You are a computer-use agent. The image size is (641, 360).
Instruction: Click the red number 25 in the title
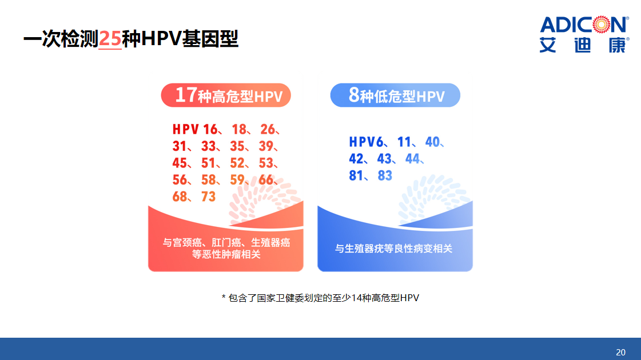point(110,39)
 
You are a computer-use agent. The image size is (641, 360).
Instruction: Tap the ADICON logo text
point(584,25)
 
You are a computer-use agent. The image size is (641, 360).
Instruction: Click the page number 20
point(620,352)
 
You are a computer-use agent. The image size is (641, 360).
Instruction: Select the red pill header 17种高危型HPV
point(226,95)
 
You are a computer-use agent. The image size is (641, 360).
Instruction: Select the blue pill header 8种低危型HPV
point(395,95)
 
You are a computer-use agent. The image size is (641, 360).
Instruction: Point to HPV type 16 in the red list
point(210,130)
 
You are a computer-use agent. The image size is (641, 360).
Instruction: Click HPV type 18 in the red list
point(239,130)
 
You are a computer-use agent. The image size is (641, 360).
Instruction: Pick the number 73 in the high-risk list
point(208,197)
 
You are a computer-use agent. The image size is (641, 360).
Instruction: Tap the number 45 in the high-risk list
point(180,163)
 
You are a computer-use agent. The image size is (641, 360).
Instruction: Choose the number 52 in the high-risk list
point(237,163)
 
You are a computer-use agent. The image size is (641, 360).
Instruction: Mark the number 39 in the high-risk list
point(266,146)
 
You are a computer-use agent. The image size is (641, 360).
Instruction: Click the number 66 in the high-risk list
point(266,180)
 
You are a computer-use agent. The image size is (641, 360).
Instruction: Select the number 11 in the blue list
point(404,142)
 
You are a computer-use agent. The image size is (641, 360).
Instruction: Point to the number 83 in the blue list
point(385,175)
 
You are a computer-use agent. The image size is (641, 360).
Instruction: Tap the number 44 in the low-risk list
point(412,159)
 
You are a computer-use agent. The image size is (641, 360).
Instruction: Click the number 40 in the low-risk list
point(432,142)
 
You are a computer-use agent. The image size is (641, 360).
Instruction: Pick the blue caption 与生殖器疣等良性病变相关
point(393,249)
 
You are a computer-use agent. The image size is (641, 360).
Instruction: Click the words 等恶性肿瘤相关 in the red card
point(226,254)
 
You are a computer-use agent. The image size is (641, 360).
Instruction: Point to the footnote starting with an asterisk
point(320,298)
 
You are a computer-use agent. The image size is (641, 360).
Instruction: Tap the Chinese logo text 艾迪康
point(584,45)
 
